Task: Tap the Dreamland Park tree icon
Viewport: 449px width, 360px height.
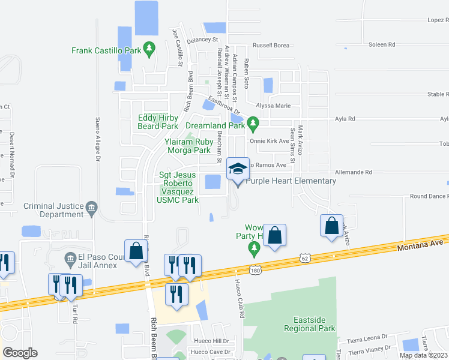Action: point(253,125)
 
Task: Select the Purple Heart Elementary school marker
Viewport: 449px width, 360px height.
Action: point(238,171)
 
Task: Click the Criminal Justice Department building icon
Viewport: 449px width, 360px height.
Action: point(91,208)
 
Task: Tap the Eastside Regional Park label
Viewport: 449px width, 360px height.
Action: point(310,325)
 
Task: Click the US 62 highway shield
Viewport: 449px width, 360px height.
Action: point(305,258)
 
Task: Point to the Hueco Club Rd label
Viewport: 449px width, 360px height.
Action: point(242,298)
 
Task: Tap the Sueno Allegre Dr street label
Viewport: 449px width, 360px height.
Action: point(97,137)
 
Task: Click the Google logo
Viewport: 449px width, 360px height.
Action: point(20,352)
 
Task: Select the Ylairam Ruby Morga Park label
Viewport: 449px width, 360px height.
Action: point(188,146)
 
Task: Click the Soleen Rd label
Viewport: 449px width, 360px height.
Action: point(382,44)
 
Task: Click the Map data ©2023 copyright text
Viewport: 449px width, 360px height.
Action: point(423,355)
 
